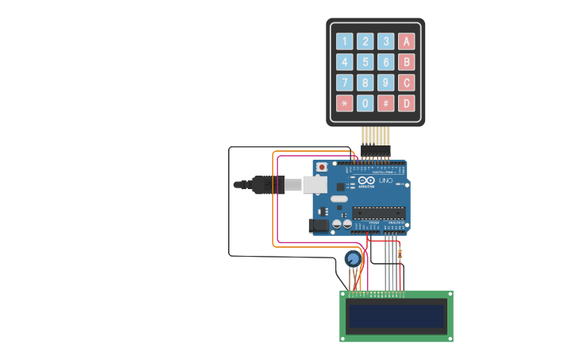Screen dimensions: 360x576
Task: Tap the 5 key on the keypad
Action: click(x=365, y=62)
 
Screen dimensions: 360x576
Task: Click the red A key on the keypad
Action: click(x=406, y=41)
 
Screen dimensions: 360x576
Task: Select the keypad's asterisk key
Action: click(x=344, y=103)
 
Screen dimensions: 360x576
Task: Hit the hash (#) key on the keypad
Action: click(x=385, y=103)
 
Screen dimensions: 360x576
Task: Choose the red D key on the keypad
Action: click(x=406, y=103)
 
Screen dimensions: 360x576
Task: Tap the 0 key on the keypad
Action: click(x=365, y=103)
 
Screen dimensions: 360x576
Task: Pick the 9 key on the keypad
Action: click(x=385, y=83)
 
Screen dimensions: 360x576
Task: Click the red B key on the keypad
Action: click(x=406, y=62)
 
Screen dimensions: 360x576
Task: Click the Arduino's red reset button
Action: click(x=321, y=168)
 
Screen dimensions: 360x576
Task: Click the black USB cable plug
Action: click(x=266, y=185)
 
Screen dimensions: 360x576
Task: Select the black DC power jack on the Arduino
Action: click(x=319, y=226)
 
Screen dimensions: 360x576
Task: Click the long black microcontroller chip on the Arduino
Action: click(x=379, y=212)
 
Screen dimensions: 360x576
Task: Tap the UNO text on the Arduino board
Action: click(x=385, y=181)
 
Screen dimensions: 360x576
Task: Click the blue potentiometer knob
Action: click(x=353, y=258)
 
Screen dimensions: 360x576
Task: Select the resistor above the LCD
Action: click(x=399, y=254)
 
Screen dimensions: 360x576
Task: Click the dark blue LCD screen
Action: click(x=395, y=315)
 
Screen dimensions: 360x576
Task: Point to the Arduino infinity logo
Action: click(x=365, y=180)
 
